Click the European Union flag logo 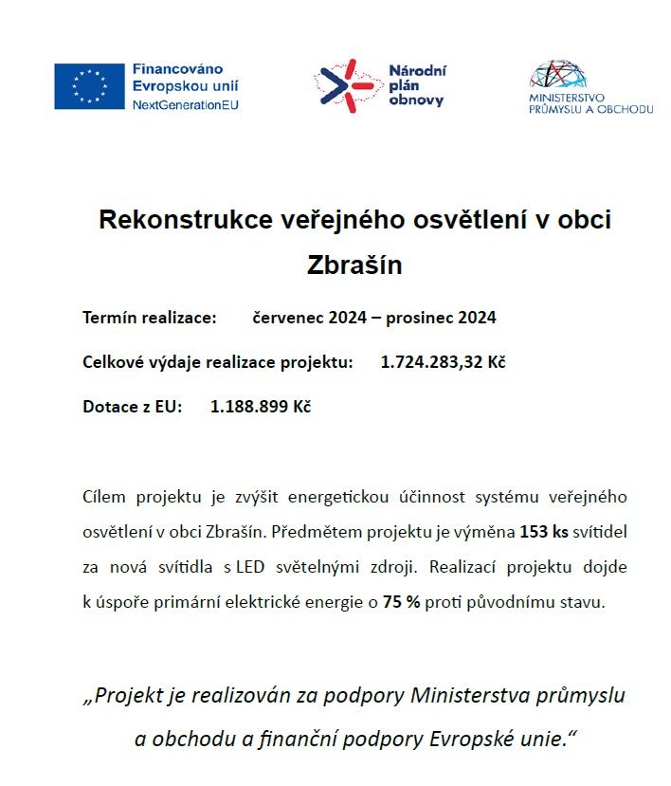click(89, 86)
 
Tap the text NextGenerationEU click(186, 104)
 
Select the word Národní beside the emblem click(418, 71)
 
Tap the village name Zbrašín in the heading click(355, 265)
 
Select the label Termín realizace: click(151, 318)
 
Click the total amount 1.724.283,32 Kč click(443, 362)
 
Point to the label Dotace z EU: click(132, 407)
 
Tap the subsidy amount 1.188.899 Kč click(261, 407)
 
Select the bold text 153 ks click(543, 532)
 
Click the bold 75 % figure click(401, 602)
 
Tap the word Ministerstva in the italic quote click(470, 695)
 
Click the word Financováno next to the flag click(177, 69)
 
